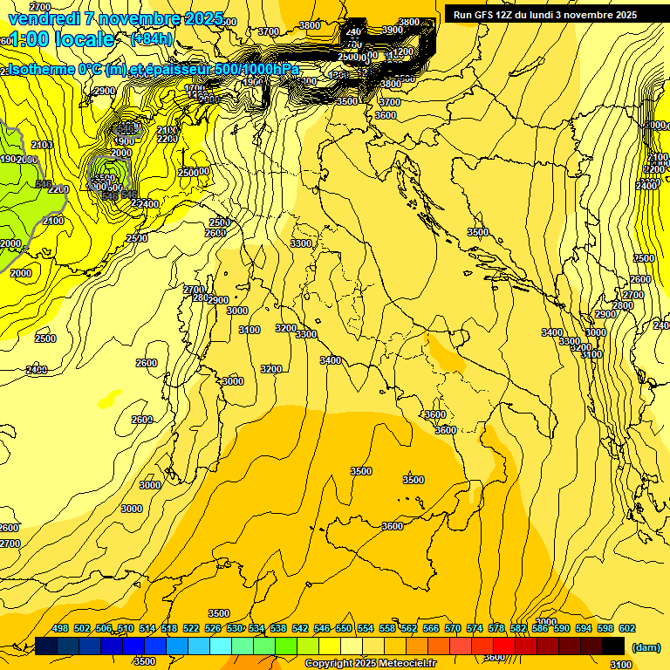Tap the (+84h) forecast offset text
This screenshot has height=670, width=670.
click(x=150, y=39)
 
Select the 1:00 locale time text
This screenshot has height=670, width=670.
click(x=59, y=39)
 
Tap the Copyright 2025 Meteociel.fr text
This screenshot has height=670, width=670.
click(x=370, y=664)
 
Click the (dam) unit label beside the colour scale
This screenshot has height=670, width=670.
click(x=646, y=646)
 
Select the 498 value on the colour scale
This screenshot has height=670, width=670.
click(x=60, y=629)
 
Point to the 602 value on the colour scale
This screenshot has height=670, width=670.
click(x=626, y=629)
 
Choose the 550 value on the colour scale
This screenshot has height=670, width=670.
click(x=344, y=629)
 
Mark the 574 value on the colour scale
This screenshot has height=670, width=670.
click(x=475, y=629)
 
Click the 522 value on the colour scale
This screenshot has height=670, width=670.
click(x=191, y=629)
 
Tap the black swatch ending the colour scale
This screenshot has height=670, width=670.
click(x=613, y=646)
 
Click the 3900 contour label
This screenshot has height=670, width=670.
click(x=393, y=30)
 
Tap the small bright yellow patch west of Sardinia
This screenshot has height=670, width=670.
click(x=109, y=400)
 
